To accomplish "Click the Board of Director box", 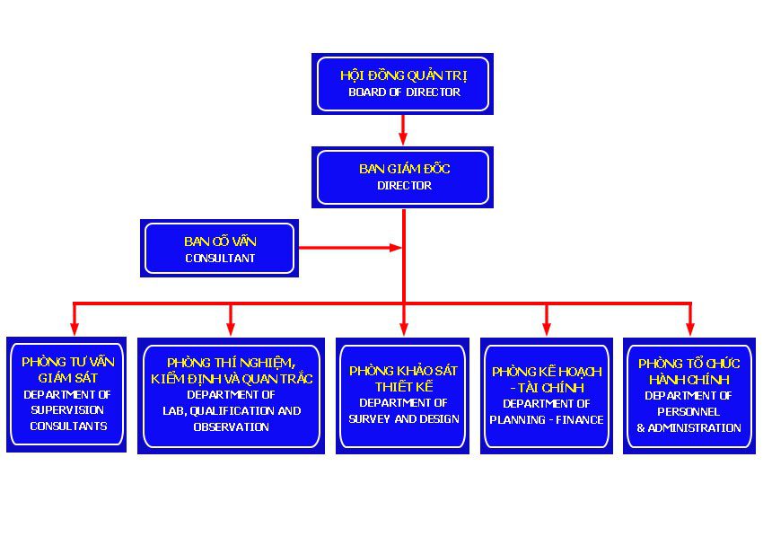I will [402, 84].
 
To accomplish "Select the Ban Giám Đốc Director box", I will [403, 177].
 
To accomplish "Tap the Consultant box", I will [220, 249].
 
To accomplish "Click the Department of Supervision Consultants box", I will [66, 394].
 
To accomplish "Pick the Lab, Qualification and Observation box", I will [231, 395].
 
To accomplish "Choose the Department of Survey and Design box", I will [403, 395].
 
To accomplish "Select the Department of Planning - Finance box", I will [546, 395].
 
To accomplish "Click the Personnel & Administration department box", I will [688, 395].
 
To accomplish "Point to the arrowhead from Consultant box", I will [395, 247].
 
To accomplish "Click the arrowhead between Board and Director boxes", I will [403, 138].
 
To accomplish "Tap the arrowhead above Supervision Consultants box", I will [75, 327].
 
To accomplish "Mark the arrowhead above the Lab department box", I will [231, 327].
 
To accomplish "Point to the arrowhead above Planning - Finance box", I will [546, 327].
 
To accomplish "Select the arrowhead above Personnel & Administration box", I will [689, 327].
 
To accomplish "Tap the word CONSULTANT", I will [220, 259].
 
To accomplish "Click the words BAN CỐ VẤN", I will [220, 242].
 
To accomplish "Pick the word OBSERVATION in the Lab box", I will [231, 427].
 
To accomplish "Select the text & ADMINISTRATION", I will [688, 428].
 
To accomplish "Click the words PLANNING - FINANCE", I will [547, 419].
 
